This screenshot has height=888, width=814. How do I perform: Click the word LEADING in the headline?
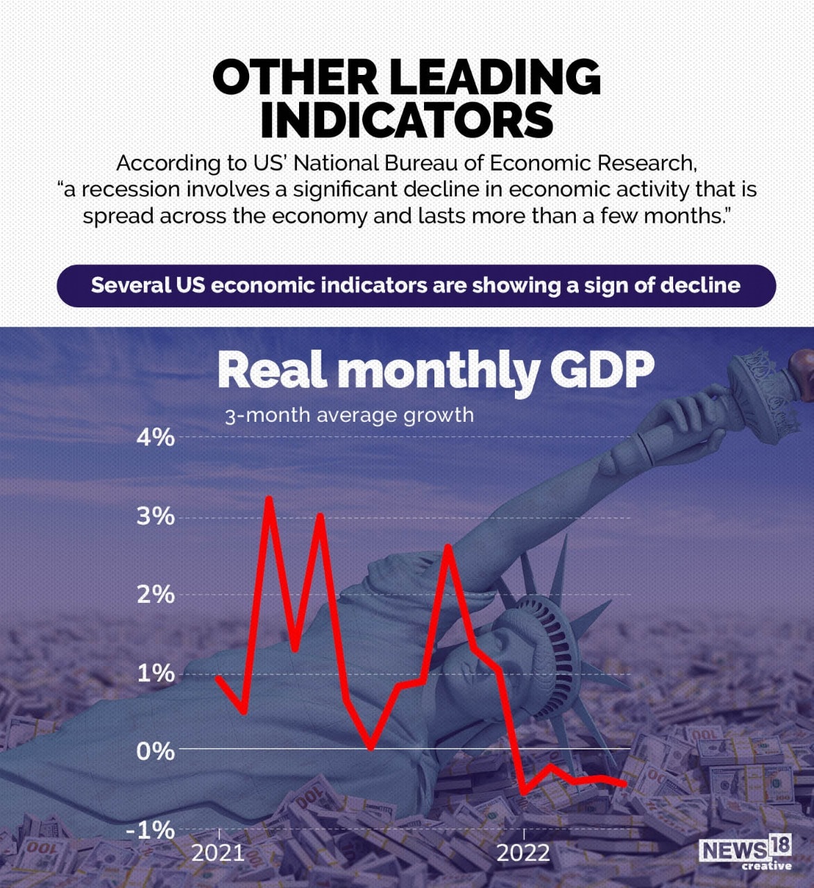[x=489, y=77]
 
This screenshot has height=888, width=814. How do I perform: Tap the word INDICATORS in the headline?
[x=407, y=120]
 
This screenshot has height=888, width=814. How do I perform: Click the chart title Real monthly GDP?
[x=435, y=370]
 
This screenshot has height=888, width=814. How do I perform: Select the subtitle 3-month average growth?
[x=349, y=416]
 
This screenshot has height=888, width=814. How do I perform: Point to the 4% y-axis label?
[x=155, y=438]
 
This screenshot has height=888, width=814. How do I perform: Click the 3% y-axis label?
[x=155, y=516]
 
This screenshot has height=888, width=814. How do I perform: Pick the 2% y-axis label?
[x=155, y=595]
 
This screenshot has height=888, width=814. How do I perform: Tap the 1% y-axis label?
[x=155, y=673]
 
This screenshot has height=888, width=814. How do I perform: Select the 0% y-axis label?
[x=155, y=751]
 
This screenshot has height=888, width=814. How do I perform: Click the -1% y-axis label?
[x=151, y=830]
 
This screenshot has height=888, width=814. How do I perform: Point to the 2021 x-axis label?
[x=218, y=853]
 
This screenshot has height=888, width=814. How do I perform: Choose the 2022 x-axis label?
[x=523, y=853]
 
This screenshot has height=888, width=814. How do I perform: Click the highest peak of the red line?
[x=269, y=499]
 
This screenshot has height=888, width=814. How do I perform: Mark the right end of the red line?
[x=625, y=783]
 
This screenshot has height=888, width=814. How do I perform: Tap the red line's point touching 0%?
[x=371, y=748]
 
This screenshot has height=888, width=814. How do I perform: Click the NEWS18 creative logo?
[x=745, y=853]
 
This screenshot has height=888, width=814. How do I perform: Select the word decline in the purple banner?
[x=700, y=285]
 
